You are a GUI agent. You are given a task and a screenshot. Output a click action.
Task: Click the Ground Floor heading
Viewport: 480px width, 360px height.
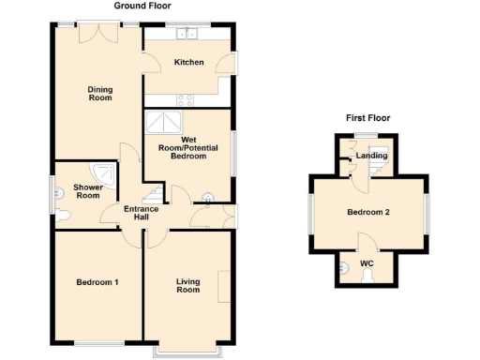(142, 6)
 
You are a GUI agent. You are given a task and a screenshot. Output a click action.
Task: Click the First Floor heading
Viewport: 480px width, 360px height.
(367, 118)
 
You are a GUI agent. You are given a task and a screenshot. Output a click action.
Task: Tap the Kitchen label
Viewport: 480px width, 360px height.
(188, 63)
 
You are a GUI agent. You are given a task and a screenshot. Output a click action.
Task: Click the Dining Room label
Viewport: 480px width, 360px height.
(100, 94)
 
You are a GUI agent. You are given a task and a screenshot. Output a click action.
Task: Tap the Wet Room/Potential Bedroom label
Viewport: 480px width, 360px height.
(187, 149)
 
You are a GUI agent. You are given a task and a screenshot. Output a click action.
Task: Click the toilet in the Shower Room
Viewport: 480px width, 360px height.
(63, 216)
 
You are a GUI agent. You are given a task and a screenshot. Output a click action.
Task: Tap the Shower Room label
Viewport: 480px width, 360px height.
(87, 191)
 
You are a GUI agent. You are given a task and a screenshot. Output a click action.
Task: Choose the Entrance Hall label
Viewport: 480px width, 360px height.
(142, 215)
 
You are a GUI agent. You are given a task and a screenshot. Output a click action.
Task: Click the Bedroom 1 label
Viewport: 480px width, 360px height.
(97, 282)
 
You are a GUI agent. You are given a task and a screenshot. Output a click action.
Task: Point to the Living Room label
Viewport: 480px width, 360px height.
(187, 286)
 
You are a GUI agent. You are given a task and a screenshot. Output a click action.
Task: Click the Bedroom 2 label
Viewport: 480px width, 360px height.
(368, 212)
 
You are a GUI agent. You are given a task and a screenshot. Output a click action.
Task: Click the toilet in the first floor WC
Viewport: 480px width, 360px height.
(346, 268)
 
